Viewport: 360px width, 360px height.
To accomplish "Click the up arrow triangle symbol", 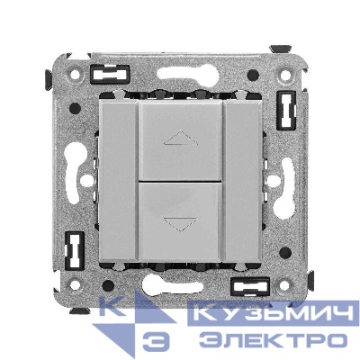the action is pos(181,138).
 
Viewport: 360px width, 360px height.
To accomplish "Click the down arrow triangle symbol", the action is pos(180,224).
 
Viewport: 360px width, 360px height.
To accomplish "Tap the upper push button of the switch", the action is pos(181,140).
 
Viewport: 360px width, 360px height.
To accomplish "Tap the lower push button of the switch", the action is pos(180,221).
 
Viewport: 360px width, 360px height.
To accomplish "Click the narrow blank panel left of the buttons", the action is pos(119,181).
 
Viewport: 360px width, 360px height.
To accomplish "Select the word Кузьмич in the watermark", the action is pos(273,313).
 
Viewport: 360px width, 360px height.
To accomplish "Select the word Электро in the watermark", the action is pos(273,340).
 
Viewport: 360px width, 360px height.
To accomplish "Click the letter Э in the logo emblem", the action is pos(156,340).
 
